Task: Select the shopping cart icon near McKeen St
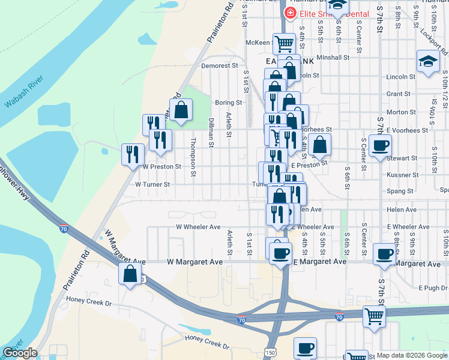click(x=283, y=43)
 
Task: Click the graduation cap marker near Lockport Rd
click(x=428, y=61)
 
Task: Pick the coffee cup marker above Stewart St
click(x=381, y=146)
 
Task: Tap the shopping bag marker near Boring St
click(x=180, y=110)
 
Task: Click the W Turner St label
click(x=154, y=185)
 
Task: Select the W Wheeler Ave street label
click(x=198, y=227)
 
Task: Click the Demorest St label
click(x=220, y=65)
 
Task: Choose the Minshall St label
click(x=333, y=58)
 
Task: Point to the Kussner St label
click(x=402, y=175)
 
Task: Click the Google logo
click(x=20, y=353)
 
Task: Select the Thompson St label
click(x=193, y=150)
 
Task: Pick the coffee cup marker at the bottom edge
click(x=305, y=348)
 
